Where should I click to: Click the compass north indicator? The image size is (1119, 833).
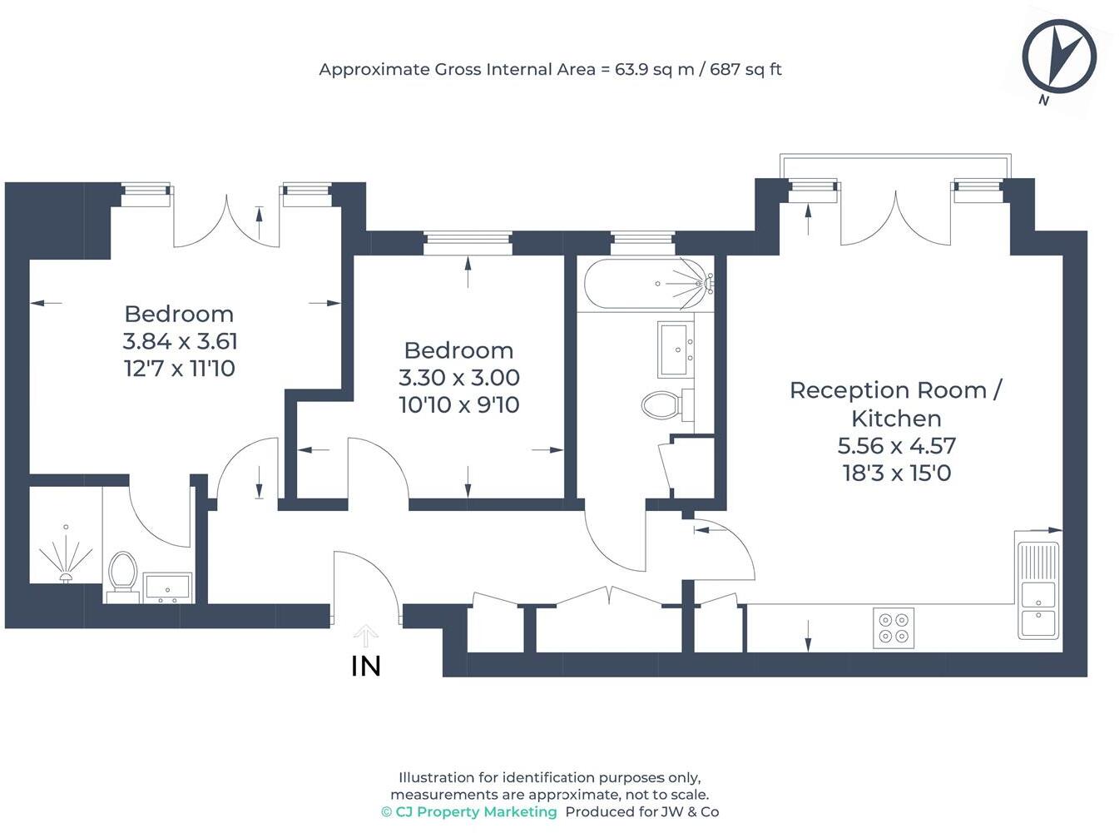click(x=1058, y=57)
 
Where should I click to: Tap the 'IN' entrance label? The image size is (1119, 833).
click(x=366, y=667)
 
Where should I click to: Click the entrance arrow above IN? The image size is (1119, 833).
click(x=365, y=636)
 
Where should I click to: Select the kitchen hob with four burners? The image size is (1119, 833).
click(x=894, y=628)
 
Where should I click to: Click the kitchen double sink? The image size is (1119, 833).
click(x=1038, y=591)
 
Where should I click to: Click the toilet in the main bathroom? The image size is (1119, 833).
click(x=661, y=406)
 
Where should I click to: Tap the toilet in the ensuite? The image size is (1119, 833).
click(x=122, y=573)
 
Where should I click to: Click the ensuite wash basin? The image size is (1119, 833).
click(x=167, y=588)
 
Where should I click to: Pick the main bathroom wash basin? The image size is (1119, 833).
click(x=676, y=349)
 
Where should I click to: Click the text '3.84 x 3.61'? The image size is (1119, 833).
click(x=180, y=341)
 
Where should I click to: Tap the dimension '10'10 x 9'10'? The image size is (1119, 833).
click(x=458, y=405)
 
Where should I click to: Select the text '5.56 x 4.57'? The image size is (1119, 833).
click(x=896, y=446)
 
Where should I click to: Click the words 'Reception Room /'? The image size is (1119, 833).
click(x=895, y=390)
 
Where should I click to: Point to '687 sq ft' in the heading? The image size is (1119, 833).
click(x=745, y=70)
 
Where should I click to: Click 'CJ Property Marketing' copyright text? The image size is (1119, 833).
click(x=469, y=812)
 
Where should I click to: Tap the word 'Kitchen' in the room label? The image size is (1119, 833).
click(x=895, y=419)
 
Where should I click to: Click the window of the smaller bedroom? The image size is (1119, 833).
click(x=468, y=243)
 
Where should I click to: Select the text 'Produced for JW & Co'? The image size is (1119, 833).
click(x=642, y=812)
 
